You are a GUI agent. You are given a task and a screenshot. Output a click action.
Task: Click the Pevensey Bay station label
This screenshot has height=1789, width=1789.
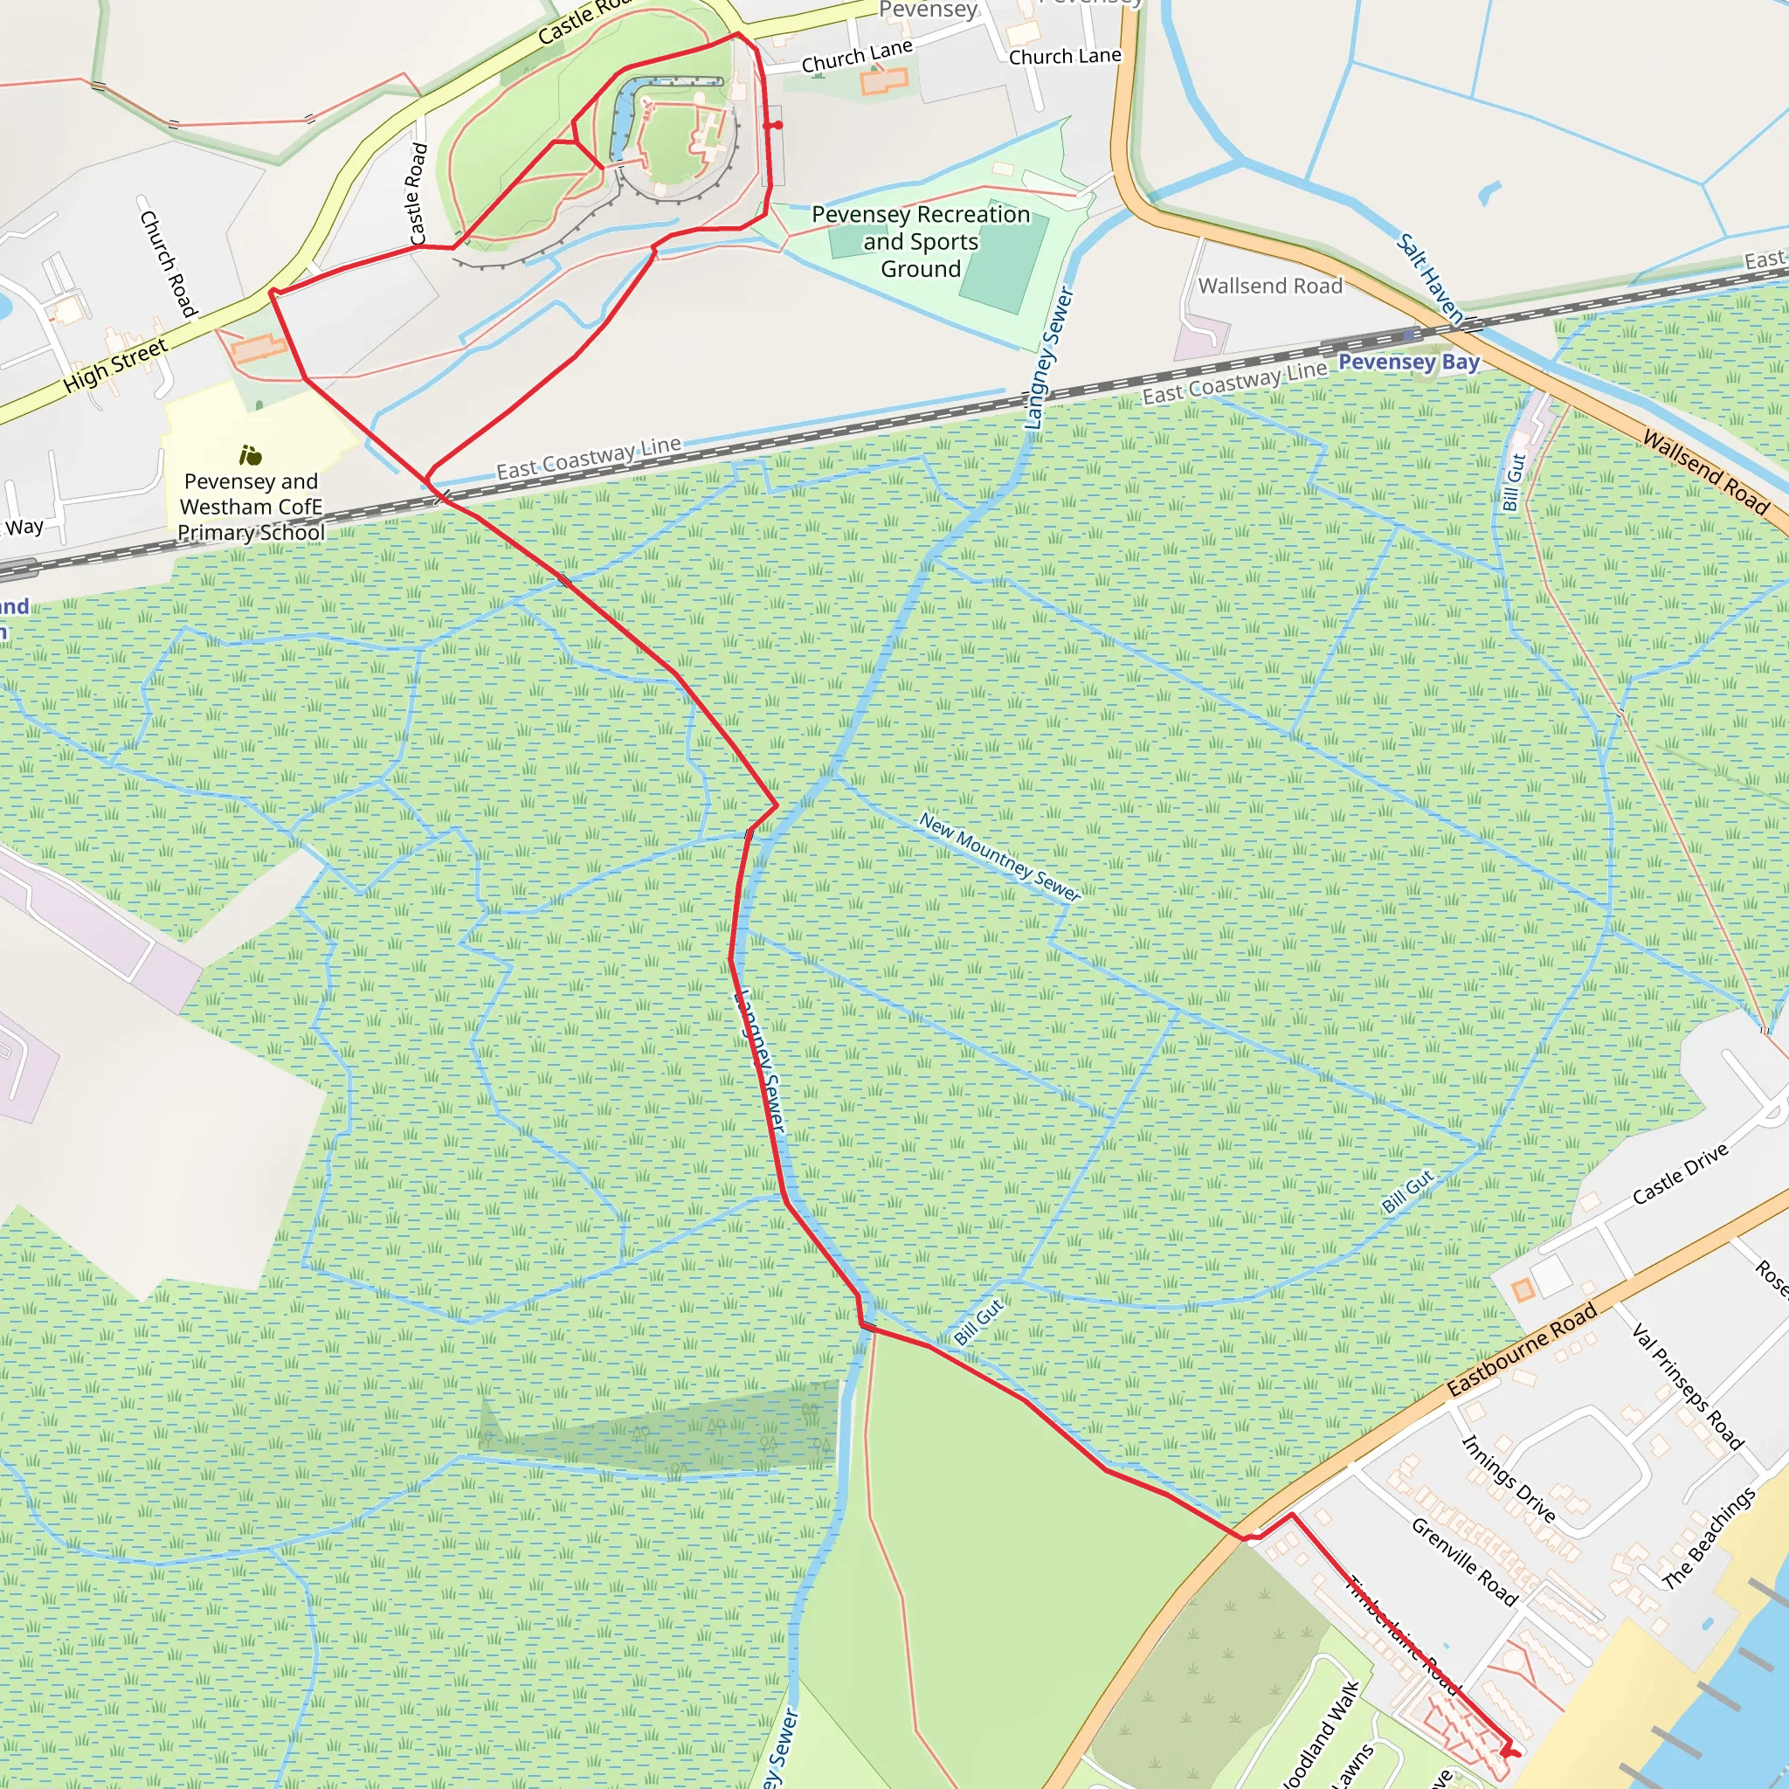coord(1408,362)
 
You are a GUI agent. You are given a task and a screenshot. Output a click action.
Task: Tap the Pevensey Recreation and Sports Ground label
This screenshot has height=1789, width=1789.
coord(921,242)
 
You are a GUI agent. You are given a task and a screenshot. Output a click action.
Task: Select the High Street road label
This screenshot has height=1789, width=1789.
coord(116,364)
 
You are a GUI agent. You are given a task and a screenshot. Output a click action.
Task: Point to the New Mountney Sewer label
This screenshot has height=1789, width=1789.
coord(999,857)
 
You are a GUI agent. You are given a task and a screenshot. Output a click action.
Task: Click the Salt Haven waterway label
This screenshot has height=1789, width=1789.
coord(1430,279)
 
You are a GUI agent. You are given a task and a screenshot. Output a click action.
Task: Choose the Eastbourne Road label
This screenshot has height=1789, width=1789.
coord(1522,1349)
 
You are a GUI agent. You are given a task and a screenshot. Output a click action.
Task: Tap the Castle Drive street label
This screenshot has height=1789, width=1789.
coord(1680,1173)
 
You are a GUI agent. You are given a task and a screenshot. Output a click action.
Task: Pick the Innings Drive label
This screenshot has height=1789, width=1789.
coord(1508,1478)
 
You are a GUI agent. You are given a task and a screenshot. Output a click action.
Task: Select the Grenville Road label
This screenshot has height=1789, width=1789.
coord(1464,1561)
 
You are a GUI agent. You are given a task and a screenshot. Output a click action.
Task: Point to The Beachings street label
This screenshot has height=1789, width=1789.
coord(1709,1538)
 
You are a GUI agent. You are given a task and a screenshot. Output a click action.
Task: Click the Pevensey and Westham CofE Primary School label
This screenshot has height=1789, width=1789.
coord(251,507)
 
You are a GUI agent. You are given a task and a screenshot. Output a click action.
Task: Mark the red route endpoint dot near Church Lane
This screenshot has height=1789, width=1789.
coord(777,125)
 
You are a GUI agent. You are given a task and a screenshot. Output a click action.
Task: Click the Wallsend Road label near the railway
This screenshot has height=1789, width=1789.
coord(1269,287)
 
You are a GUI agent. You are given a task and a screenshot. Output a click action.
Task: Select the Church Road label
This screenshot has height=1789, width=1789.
coord(168,263)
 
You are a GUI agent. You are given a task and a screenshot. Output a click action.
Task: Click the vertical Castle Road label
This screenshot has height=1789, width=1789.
coord(418,192)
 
